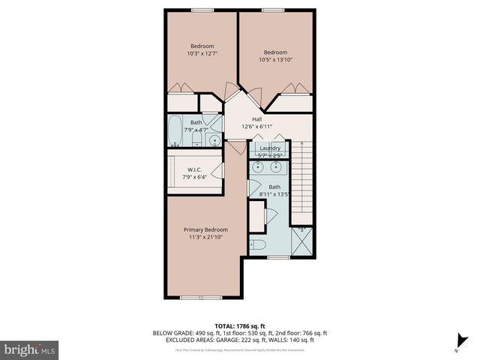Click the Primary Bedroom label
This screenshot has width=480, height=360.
tap(205, 229)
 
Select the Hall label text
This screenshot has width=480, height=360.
tap(256, 119)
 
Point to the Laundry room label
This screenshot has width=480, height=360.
tap(270, 148)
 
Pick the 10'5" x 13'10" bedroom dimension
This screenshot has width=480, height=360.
tap(275, 59)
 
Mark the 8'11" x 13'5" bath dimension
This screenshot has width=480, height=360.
tap(274, 194)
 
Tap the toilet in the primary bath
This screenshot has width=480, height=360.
tap(256, 245)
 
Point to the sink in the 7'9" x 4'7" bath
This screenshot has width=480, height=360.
tap(214, 139)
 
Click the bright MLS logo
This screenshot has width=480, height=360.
tap(30, 349)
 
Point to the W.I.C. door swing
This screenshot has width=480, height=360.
tap(217, 170)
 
